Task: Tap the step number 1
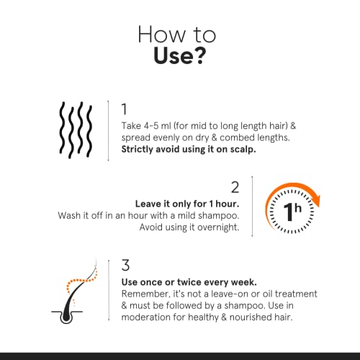click(x=124, y=109)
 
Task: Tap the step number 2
click(x=234, y=188)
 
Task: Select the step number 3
click(x=124, y=266)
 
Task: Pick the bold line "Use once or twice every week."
click(x=188, y=282)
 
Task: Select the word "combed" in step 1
click(x=227, y=138)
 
